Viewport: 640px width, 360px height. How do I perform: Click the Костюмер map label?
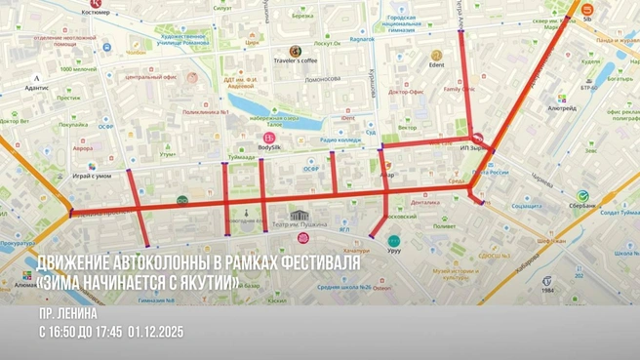tap(96, 14)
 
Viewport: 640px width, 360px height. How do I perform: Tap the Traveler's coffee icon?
tap(295, 51)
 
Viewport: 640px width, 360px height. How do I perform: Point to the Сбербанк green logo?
tap(582, 196)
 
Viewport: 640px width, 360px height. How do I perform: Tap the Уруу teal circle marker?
tap(393, 240)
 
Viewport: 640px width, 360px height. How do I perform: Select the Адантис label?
tap(37, 87)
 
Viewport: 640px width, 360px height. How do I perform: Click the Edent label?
tap(436, 64)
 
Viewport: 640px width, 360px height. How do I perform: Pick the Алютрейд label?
tap(562, 109)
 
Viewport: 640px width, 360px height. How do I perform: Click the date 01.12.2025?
tap(155, 333)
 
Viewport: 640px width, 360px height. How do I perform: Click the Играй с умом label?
tap(92, 176)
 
